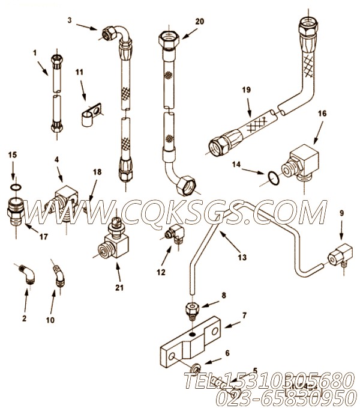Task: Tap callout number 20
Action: coord(200,20)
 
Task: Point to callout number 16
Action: coord(322,112)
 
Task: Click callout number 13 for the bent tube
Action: coord(241,258)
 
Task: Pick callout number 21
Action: coord(119,287)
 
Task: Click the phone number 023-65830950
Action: coord(282,396)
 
